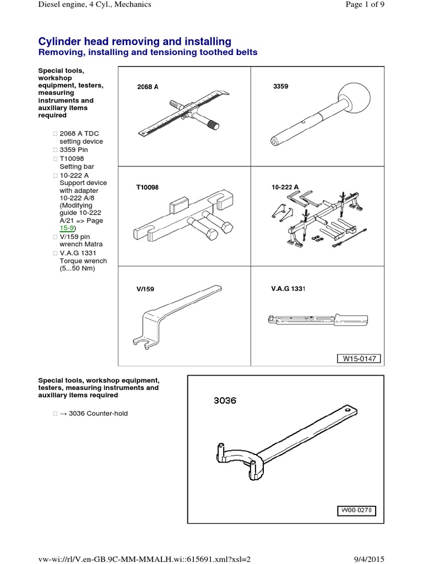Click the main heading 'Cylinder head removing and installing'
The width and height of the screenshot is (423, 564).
(x=134, y=42)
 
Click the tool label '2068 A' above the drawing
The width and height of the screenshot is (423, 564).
(x=148, y=87)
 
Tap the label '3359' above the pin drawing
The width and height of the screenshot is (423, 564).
(x=280, y=86)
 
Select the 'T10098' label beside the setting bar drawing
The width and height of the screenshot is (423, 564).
(x=147, y=188)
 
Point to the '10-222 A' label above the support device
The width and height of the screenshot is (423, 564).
(x=285, y=187)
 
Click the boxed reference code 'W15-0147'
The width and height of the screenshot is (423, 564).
(x=359, y=359)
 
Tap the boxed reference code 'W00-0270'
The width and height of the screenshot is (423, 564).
(x=355, y=511)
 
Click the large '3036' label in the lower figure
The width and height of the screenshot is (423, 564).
(x=225, y=400)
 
